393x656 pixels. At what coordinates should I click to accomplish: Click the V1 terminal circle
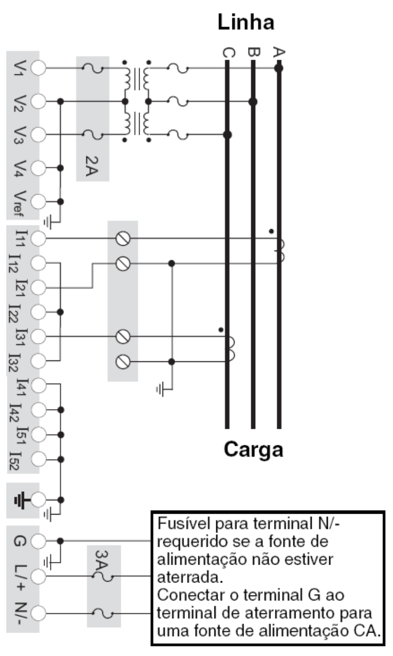(x=39, y=68)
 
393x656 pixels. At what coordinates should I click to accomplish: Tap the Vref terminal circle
(x=39, y=202)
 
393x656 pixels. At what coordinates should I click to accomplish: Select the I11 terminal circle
(x=39, y=239)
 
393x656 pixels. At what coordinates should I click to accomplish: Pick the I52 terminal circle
(x=39, y=459)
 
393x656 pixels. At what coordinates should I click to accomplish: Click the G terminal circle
(x=39, y=541)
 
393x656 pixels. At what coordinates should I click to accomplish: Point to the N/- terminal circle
(x=39, y=613)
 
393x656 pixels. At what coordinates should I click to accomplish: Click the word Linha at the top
(x=246, y=22)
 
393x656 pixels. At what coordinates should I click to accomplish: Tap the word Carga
(x=253, y=450)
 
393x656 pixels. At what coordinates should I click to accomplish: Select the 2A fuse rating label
(x=92, y=166)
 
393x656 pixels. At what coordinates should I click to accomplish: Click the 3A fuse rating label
(x=101, y=560)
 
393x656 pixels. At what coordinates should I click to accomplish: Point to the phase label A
(x=279, y=52)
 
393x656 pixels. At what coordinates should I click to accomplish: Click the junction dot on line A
(x=279, y=68)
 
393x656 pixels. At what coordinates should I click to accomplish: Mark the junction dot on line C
(x=228, y=135)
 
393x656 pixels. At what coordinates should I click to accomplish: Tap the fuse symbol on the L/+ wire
(x=102, y=577)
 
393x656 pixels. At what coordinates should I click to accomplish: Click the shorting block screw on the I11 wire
(x=123, y=238)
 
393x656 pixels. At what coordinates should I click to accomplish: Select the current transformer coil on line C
(x=230, y=349)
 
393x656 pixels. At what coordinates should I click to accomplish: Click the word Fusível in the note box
(x=184, y=523)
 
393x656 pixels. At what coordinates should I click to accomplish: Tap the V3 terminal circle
(x=39, y=135)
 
